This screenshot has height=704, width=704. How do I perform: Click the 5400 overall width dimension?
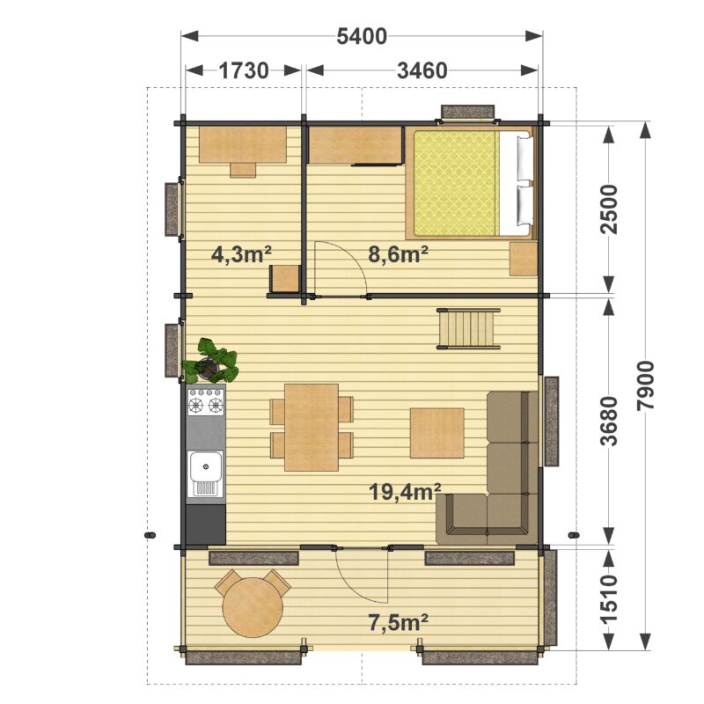362,36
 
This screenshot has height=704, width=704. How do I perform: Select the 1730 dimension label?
244,70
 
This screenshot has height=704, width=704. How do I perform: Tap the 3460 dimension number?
422,70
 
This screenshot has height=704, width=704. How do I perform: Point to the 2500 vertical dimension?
609,209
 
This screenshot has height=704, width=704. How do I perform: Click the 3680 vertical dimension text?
609,421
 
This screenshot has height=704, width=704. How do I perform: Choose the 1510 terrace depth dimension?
609,599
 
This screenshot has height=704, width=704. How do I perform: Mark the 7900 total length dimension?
645,385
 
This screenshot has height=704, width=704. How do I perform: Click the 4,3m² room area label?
241,254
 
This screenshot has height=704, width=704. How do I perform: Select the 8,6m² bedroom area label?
398,254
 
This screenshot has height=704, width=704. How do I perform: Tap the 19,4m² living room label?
405,492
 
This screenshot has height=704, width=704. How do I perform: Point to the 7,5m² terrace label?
398,623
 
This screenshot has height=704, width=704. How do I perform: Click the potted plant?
210,361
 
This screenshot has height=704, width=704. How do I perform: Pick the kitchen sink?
205,473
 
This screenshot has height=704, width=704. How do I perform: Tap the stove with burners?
206,401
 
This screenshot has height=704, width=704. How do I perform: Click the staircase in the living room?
468,328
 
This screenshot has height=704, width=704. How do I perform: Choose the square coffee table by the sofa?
436,433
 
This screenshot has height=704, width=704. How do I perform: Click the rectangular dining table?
312,427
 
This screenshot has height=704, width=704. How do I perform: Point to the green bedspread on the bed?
456,183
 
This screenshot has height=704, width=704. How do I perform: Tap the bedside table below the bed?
523,259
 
